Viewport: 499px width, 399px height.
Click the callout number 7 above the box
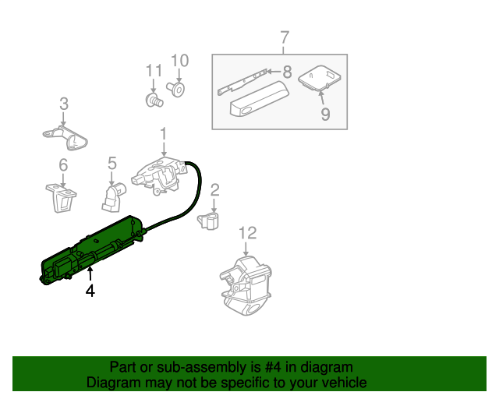284,37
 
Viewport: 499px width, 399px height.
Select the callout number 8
287,72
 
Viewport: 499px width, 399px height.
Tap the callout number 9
325,115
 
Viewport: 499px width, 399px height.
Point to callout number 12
246,233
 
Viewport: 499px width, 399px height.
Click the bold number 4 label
90,291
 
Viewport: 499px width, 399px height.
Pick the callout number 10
179,61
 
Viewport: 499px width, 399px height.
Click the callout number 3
64,104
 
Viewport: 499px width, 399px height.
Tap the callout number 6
63,164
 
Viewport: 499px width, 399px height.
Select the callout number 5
111,163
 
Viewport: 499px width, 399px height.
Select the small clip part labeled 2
209,221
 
